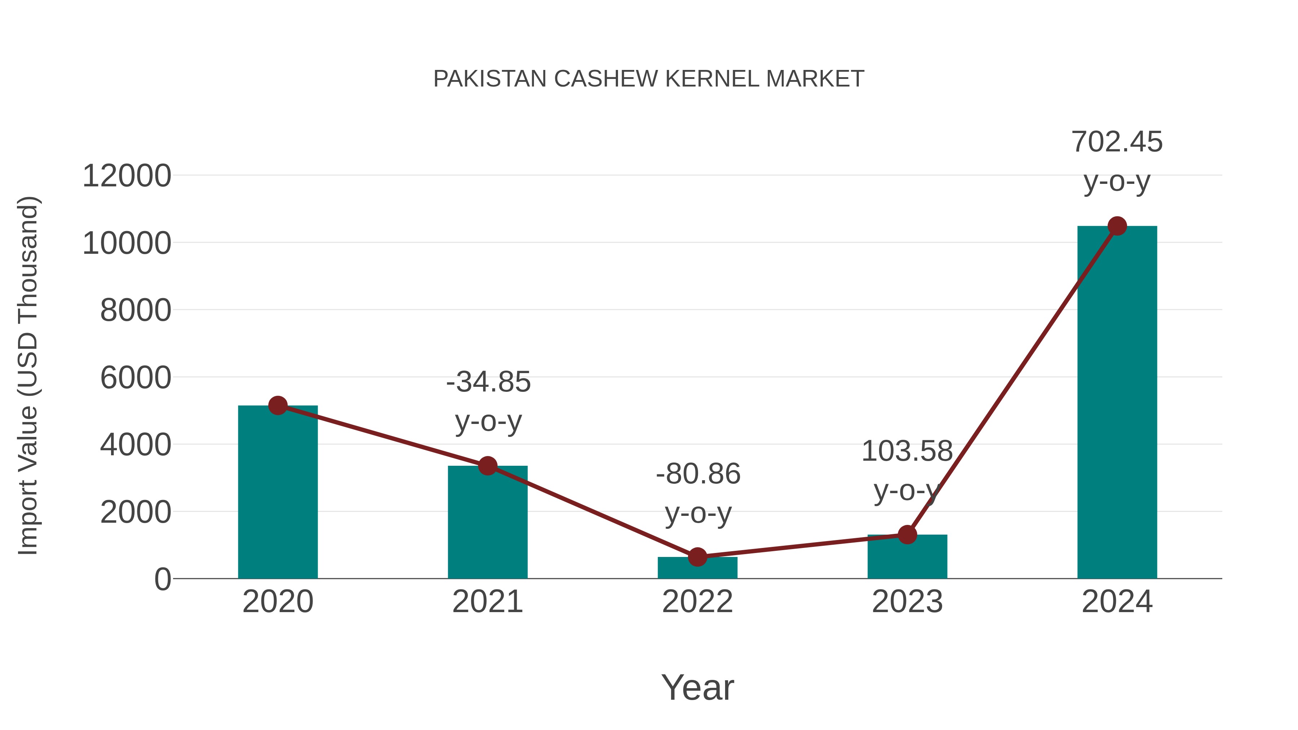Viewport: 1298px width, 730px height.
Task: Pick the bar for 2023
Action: [x=907, y=559]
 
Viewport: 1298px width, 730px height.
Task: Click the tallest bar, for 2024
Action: [x=1117, y=403]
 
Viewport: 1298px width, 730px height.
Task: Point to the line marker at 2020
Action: [x=278, y=405]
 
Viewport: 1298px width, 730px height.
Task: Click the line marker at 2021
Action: [x=487, y=466]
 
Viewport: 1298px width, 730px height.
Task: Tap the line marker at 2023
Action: [x=907, y=535]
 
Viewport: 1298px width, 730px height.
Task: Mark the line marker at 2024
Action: [x=1117, y=226]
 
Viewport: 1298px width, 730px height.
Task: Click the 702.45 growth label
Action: [x=1117, y=142]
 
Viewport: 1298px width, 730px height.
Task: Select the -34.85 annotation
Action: [x=488, y=382]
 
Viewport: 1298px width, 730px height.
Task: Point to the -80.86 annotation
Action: [x=698, y=474]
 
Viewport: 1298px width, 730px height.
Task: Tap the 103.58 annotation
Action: [x=907, y=451]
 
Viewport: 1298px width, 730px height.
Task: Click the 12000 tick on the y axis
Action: [x=127, y=176]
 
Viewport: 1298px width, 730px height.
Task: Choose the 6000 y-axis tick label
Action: [x=136, y=378]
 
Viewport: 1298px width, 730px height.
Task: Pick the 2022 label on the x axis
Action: [x=697, y=602]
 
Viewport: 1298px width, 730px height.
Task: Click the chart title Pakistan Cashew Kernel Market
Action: [x=649, y=79]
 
